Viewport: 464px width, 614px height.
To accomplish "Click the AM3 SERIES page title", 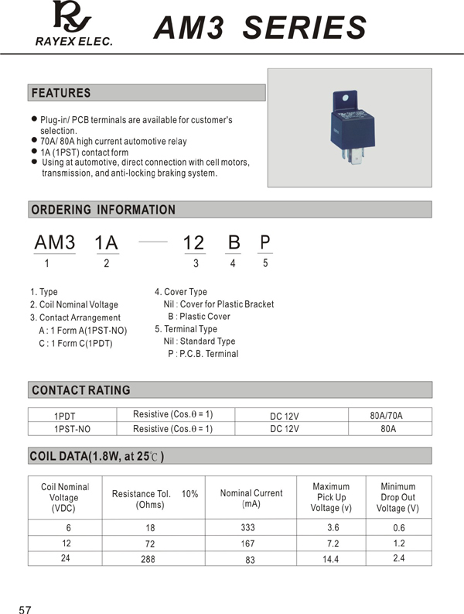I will [x=260, y=28].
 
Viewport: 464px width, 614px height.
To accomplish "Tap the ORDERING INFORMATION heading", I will [x=103, y=210].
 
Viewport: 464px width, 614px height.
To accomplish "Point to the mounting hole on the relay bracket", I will [x=346, y=99].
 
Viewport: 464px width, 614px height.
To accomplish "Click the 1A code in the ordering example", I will [x=106, y=243].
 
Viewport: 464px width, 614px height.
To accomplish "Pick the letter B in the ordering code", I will [x=233, y=243].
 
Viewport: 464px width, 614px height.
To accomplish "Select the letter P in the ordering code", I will [x=264, y=242].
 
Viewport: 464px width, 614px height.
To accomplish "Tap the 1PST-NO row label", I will [x=72, y=429].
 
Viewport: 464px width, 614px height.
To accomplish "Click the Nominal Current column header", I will [x=251, y=498].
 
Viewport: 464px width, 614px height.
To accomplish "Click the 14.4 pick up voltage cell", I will [x=331, y=559].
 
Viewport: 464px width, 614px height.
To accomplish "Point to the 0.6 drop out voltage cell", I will [x=398, y=528].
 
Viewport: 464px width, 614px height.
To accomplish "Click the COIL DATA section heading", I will [x=97, y=456].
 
